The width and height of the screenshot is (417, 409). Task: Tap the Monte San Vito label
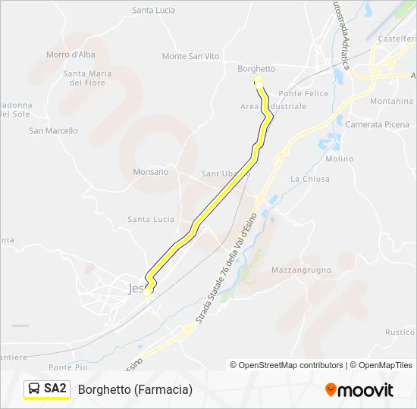(x=190, y=56)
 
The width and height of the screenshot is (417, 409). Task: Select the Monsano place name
(x=150, y=172)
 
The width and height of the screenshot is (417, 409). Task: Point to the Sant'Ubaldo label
(x=225, y=173)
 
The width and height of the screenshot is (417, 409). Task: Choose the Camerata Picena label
(x=377, y=124)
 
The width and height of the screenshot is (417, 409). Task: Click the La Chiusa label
(x=310, y=179)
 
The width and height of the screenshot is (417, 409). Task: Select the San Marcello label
(x=53, y=130)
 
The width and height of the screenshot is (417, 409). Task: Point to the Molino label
(x=339, y=159)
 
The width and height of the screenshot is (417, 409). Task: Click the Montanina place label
(x=391, y=101)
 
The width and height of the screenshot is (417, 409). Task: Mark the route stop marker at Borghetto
(x=258, y=81)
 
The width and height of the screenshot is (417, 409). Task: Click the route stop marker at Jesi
(x=148, y=290)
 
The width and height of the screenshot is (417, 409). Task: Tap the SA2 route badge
(x=55, y=389)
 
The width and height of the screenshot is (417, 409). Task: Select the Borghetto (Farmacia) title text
(x=135, y=389)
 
